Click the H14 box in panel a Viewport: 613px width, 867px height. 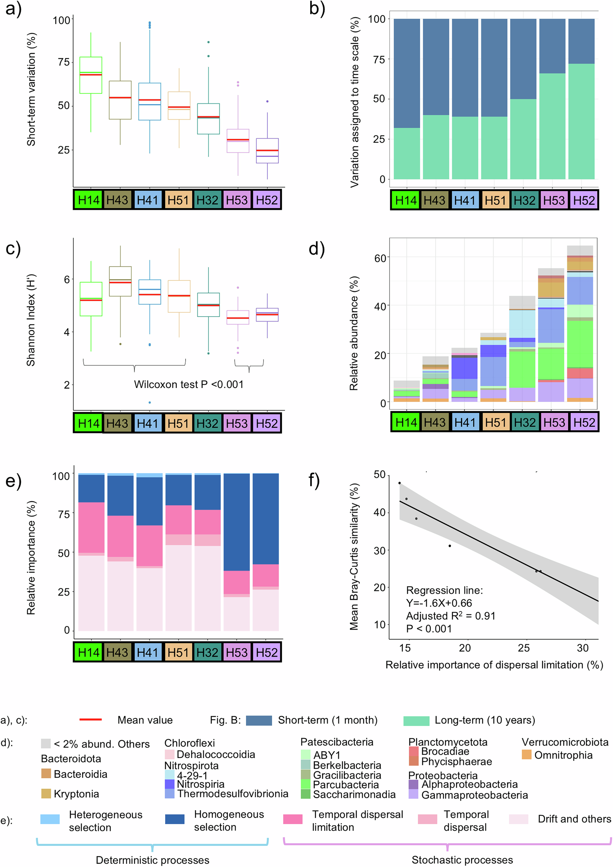[91, 75]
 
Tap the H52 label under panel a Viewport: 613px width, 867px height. [267, 200]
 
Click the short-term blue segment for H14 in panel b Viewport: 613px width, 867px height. [407, 73]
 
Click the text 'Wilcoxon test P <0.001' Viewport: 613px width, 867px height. [188, 384]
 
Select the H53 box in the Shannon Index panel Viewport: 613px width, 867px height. [238, 317]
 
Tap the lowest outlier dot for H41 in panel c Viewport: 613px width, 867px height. [150, 403]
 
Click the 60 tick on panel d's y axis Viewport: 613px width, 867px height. [380, 258]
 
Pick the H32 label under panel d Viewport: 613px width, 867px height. [524, 422]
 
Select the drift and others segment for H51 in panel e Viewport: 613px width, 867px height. [178, 587]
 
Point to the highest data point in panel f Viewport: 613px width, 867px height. [400, 483]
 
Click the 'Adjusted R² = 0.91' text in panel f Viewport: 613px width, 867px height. [450, 616]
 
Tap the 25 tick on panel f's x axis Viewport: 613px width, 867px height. [523, 648]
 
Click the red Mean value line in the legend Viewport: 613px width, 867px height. [91, 720]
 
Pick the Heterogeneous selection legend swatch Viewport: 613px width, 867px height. [50, 819]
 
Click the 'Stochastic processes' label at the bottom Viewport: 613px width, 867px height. [462, 860]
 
